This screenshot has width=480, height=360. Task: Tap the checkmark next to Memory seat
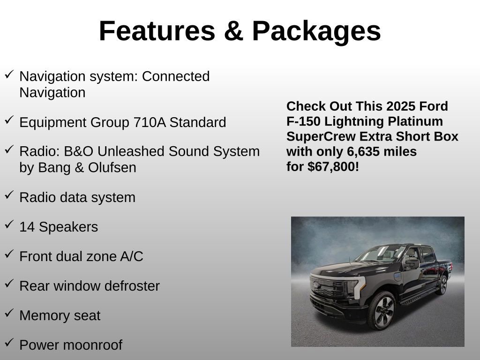pyautogui.click(x=9, y=313)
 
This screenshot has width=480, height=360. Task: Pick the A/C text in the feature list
pyautogui.click(x=132, y=256)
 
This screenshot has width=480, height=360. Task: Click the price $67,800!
pyautogui.click(x=333, y=166)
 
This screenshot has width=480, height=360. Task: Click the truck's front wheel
pyautogui.click(x=382, y=310)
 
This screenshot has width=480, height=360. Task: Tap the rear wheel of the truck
pyautogui.click(x=441, y=285)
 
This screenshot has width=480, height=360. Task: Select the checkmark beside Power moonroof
pyautogui.click(x=9, y=343)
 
